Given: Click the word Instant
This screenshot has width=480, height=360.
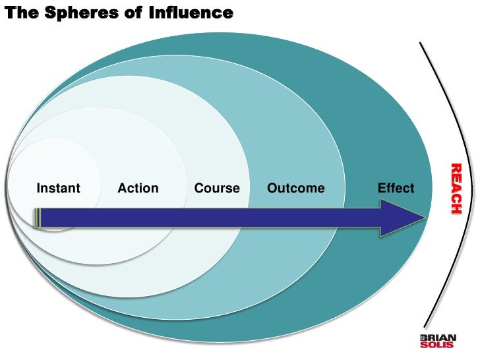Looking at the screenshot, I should click(x=58, y=189).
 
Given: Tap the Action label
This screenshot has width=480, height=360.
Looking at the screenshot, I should click(x=138, y=189).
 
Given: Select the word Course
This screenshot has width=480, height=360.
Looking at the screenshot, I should click(x=217, y=189).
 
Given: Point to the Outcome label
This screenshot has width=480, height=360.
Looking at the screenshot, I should click(x=295, y=189).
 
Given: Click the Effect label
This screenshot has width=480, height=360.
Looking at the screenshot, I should click(x=396, y=189).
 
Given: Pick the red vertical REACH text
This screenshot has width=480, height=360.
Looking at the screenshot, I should click(x=455, y=189).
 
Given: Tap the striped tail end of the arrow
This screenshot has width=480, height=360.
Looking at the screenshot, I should click(x=38, y=218).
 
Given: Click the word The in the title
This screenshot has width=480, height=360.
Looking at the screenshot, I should click(x=20, y=13).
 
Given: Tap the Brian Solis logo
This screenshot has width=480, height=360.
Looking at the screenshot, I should click(x=437, y=340).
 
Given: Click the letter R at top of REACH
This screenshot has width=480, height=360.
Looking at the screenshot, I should click(x=455, y=167).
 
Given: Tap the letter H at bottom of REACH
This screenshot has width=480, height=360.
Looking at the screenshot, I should click(x=455, y=209).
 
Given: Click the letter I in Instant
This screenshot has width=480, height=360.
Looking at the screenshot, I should click(x=38, y=189).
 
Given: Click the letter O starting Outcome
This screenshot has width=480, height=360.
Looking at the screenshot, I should click(x=272, y=189).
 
